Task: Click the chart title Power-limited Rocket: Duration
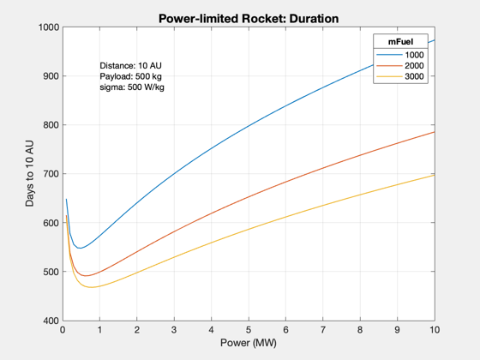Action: [x=249, y=19]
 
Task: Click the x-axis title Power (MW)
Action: [x=249, y=343]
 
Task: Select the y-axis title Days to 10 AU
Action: [x=30, y=173]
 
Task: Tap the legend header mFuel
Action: [x=400, y=42]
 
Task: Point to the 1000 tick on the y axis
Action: [x=49, y=27]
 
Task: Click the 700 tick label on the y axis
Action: [x=51, y=174]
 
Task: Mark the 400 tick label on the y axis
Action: [x=51, y=321]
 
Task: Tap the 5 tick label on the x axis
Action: [x=249, y=330]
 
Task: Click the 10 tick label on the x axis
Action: [x=435, y=330]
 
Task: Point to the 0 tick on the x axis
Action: [x=63, y=330]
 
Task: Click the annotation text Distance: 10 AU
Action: [x=130, y=65]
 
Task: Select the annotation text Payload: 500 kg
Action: [x=130, y=76]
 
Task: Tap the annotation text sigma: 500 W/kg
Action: [x=132, y=87]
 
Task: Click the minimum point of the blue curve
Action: [x=81, y=248]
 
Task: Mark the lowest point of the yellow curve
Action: [x=91, y=287]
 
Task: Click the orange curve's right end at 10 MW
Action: [x=435, y=132]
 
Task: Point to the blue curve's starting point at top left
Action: [x=66, y=199]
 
